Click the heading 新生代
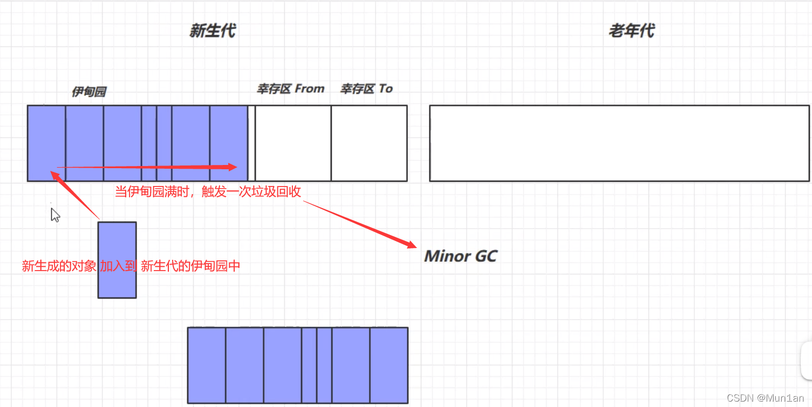(212, 31)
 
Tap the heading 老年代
(631, 31)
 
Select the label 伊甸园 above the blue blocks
(89, 92)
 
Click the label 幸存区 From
(290, 89)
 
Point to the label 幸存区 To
(366, 89)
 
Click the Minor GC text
(460, 256)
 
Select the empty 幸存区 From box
(293, 143)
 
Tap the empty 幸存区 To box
(369, 143)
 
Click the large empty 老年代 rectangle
(619, 143)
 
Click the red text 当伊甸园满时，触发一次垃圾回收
(208, 192)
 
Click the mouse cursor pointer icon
(55, 215)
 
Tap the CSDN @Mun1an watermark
(765, 398)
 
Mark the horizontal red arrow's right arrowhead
(232, 167)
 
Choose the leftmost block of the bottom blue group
(207, 365)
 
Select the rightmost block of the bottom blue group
(388, 365)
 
